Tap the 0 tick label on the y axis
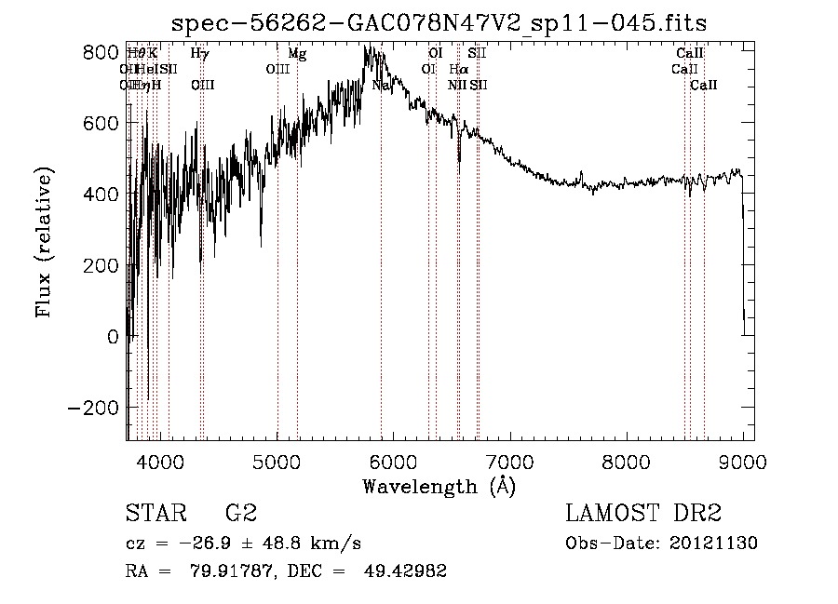pyautogui.click(x=114, y=336)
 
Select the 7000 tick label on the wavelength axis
pyautogui.click(x=509, y=461)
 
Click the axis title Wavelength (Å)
pyautogui.click(x=439, y=486)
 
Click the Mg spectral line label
pyautogui.click(x=297, y=54)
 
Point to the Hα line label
pyautogui.click(x=458, y=69)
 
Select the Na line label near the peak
pyautogui.click(x=380, y=85)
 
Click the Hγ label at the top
pyautogui.click(x=199, y=54)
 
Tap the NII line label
pyautogui.click(x=456, y=85)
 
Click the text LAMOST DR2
pyautogui.click(x=643, y=513)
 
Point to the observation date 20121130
pyautogui.click(x=715, y=544)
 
